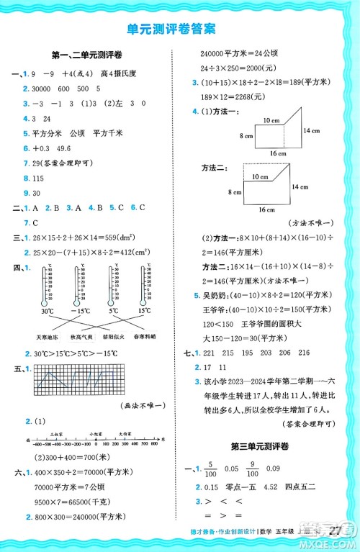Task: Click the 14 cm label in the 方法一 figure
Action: click(x=311, y=130)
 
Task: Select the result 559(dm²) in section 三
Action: click(x=127, y=237)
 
